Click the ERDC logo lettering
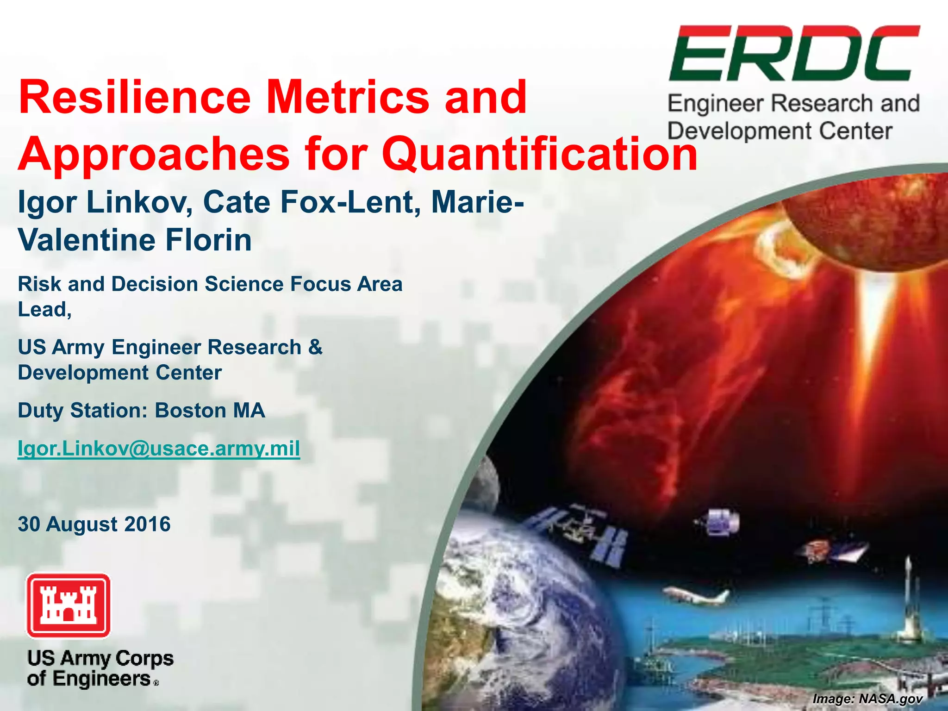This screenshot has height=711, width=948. (x=793, y=54)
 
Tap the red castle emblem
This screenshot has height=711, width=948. (x=69, y=605)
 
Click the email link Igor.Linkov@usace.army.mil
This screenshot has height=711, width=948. (x=159, y=448)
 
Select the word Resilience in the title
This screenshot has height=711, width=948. (x=134, y=97)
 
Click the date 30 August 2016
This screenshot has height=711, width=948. (x=94, y=524)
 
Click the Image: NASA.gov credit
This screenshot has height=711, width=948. (x=867, y=699)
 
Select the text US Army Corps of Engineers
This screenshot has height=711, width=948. (x=100, y=668)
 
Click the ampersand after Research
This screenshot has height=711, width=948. (x=315, y=347)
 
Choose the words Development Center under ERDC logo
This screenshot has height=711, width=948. (x=780, y=131)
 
